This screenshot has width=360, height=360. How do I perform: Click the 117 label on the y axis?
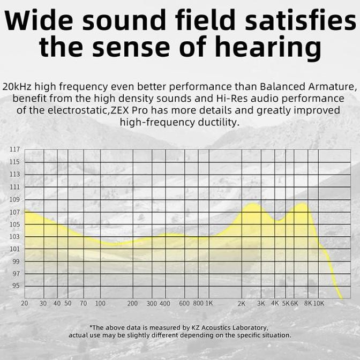tap(14, 149)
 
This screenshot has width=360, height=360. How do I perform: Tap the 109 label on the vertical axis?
tap(14, 199)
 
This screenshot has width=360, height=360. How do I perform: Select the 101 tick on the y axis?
tap(14, 249)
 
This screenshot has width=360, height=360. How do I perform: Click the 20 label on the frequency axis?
tap(25, 304)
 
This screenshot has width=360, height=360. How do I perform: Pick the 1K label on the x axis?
tap(209, 304)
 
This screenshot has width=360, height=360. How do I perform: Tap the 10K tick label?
tap(319, 304)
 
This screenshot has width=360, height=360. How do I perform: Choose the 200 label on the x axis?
tap(132, 304)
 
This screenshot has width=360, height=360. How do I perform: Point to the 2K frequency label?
tap(241, 304)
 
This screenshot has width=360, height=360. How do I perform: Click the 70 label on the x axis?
tap(83, 304)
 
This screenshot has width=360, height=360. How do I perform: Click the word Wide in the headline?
tap(44, 21)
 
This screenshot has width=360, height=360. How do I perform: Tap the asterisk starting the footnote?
tap(92, 326)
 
